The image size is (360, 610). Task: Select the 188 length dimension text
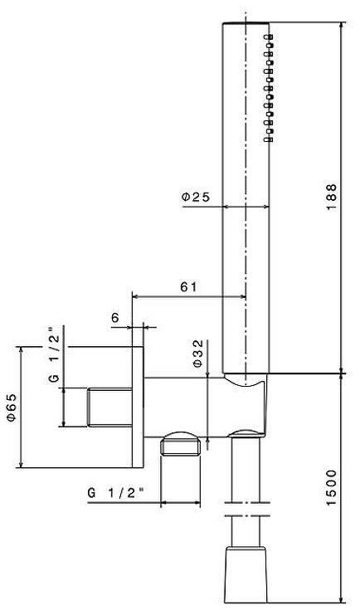(332, 194)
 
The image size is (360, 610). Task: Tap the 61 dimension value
(188, 286)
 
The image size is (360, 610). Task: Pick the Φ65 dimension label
(11, 406)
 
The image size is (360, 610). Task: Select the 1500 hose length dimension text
(331, 490)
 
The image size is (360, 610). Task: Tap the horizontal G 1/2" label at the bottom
(115, 492)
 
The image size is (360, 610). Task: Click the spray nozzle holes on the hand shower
(270, 87)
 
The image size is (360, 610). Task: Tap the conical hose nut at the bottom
(247, 573)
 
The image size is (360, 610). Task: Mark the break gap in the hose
(247, 510)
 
